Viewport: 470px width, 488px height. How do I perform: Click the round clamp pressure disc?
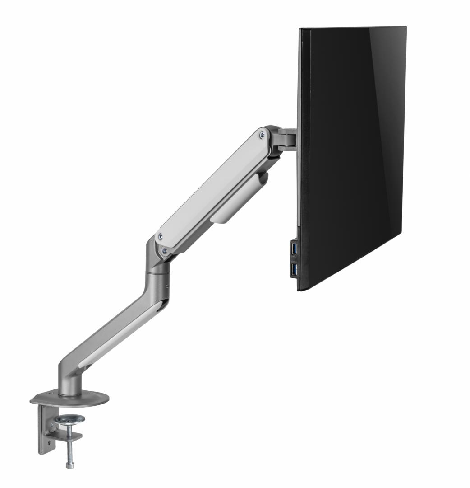[x=70, y=419]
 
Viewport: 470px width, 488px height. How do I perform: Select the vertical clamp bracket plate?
[x=45, y=429]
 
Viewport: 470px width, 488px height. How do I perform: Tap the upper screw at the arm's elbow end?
[x=159, y=236]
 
